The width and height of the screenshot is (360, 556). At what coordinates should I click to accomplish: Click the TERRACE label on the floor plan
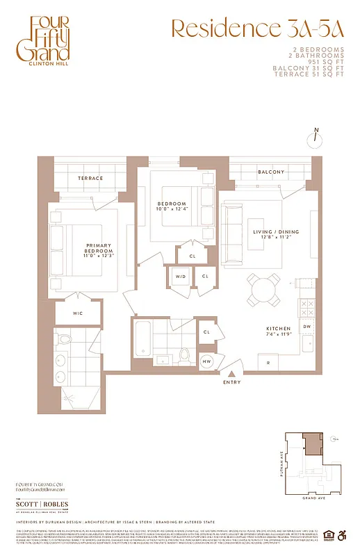pos(90,179)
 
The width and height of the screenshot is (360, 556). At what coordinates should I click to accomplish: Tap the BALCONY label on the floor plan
pos(271,172)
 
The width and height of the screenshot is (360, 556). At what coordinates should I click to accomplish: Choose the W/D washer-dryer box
pos(180,277)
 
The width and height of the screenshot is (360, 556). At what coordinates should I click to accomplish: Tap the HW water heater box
pos(206,361)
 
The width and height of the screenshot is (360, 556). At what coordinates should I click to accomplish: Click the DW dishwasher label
pos(306,326)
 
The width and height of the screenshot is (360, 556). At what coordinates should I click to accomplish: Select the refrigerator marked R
pos(268,362)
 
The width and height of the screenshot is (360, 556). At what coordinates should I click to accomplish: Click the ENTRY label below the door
pos(232,383)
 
